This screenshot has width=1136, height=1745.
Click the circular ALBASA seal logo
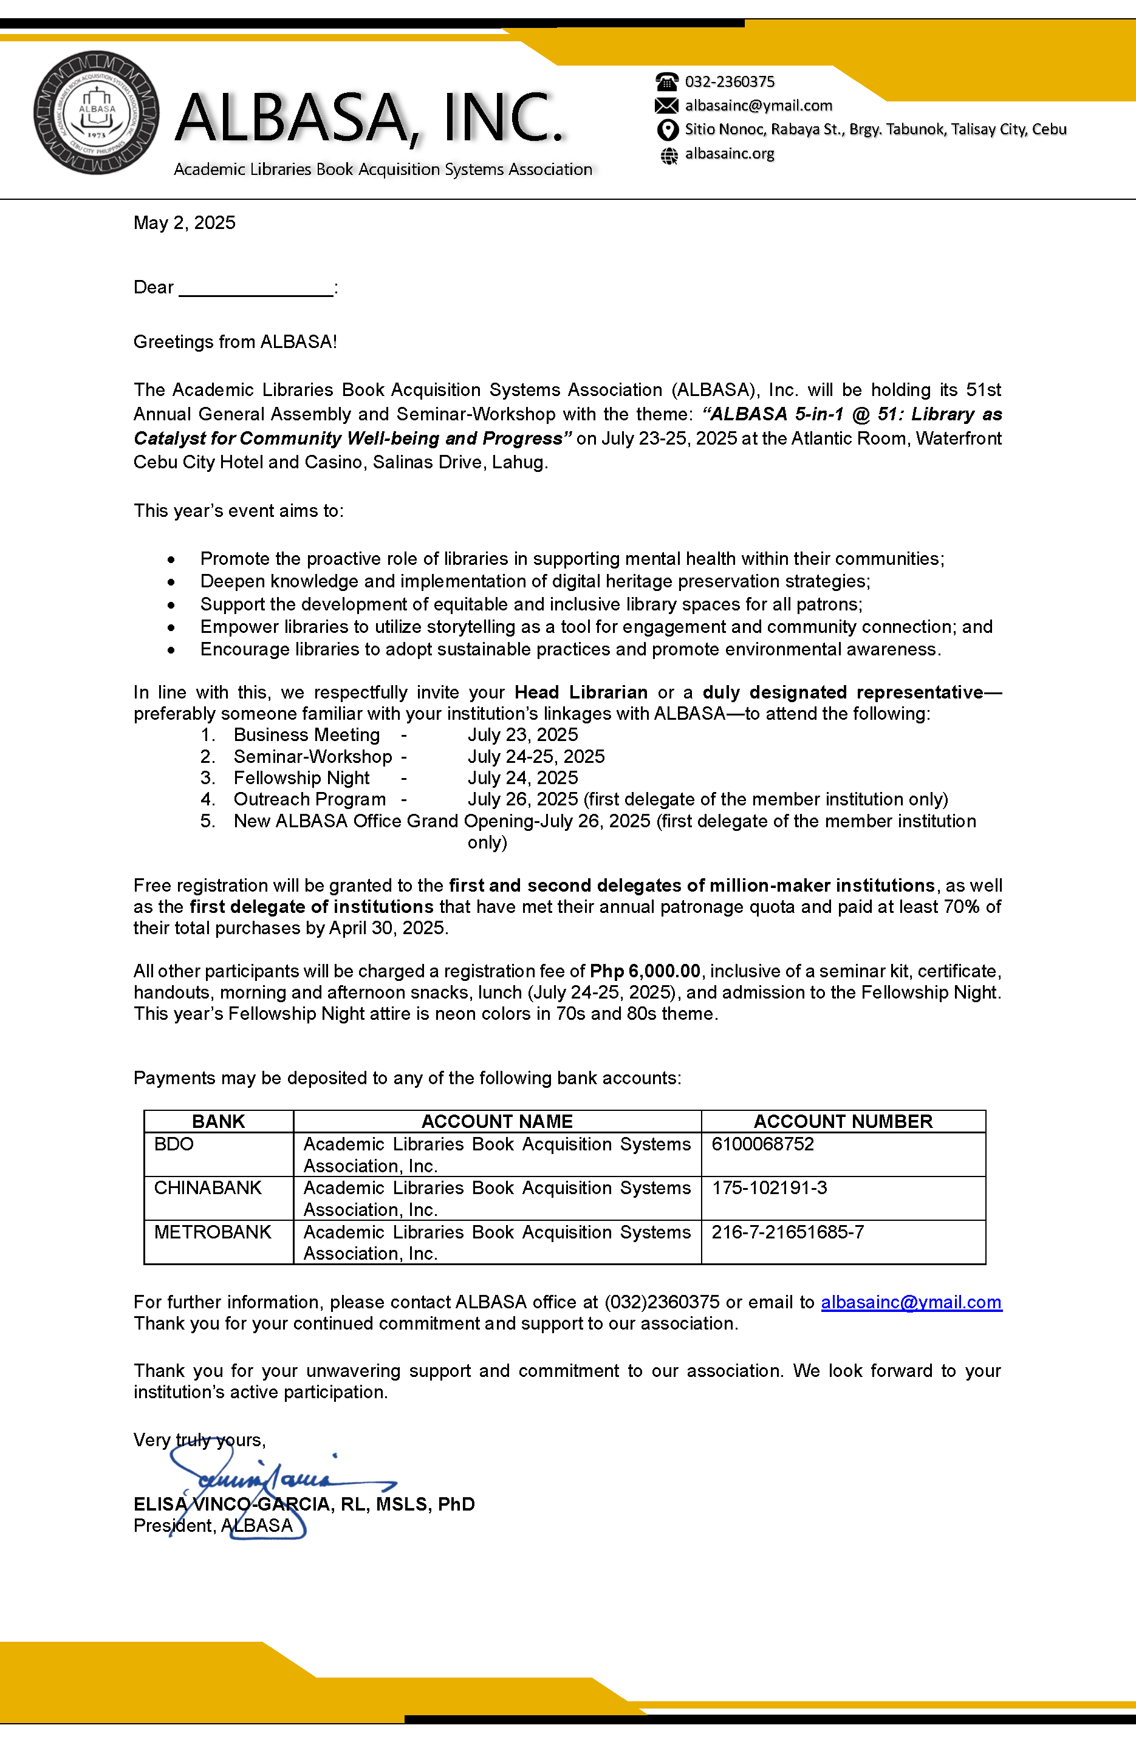[x=97, y=113]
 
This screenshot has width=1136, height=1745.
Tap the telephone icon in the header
[x=666, y=81]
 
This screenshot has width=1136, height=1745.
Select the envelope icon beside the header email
[x=666, y=106]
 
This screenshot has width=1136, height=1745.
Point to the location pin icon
[x=666, y=130]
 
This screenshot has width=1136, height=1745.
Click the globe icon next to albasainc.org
[x=669, y=155]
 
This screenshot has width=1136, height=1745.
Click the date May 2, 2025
[x=184, y=223]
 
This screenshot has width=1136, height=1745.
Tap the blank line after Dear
[x=256, y=288]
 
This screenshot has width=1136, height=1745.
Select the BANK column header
[x=218, y=1121]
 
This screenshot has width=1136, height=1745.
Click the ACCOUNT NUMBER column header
[x=843, y=1121]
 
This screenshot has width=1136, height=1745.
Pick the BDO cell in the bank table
[x=174, y=1144]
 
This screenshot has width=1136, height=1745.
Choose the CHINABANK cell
[x=208, y=1188]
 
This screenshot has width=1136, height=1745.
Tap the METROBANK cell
[x=213, y=1232]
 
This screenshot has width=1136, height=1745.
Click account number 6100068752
[x=763, y=1144]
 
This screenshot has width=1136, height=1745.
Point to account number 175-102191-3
[x=769, y=1188]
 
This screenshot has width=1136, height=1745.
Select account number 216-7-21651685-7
[x=788, y=1232]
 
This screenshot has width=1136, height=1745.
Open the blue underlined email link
[x=911, y=1302]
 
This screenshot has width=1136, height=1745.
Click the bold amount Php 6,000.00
[x=645, y=971]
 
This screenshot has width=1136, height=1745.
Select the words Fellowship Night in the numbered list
[x=301, y=778]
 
